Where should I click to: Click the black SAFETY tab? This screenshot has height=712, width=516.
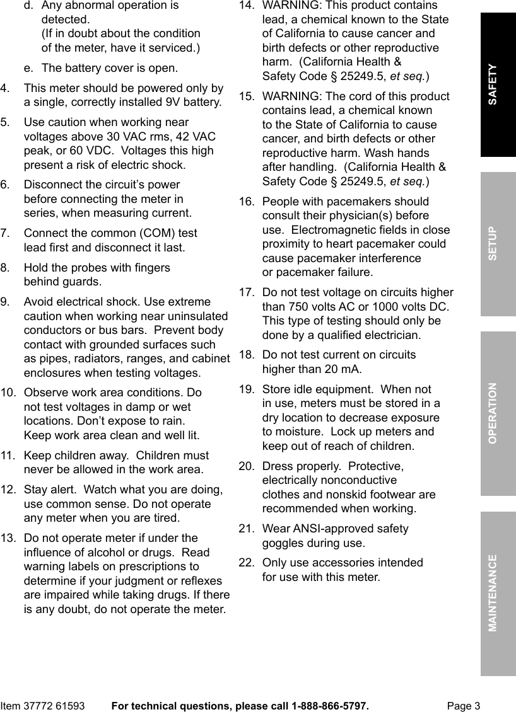click(498, 84)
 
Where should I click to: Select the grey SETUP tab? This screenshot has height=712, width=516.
click(498, 244)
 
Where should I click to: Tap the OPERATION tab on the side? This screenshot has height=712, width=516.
click(498, 413)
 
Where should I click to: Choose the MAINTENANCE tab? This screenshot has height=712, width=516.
click(498, 593)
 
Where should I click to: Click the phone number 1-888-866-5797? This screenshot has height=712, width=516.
click(329, 706)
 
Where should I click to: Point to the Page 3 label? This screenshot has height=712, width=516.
click(464, 706)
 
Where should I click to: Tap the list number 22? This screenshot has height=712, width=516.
click(246, 563)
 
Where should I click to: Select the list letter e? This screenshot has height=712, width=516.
click(28, 68)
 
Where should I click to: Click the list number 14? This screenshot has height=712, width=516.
click(246, 6)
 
